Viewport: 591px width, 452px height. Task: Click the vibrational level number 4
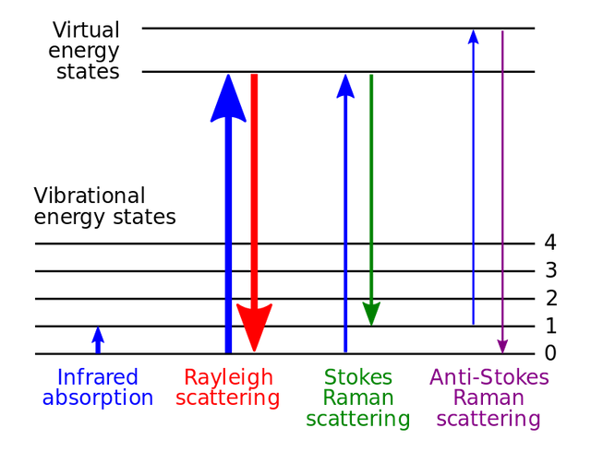pyautogui.click(x=550, y=243)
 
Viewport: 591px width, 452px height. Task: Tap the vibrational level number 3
pyautogui.click(x=550, y=270)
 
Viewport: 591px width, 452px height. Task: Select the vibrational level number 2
pyautogui.click(x=551, y=298)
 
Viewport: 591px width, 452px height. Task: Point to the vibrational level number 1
pyautogui.click(x=551, y=326)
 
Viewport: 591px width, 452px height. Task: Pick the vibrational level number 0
pyautogui.click(x=550, y=353)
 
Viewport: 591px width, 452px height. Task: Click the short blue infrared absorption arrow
pyautogui.click(x=98, y=340)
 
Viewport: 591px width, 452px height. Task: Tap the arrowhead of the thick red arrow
pyautogui.click(x=255, y=327)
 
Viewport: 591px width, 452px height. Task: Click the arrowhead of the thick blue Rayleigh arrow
pyautogui.click(x=228, y=98)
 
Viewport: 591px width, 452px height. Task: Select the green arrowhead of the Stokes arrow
pyautogui.click(x=371, y=314)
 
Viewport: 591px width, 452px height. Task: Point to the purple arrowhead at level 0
pyautogui.click(x=502, y=347)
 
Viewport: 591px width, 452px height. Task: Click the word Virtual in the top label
pyautogui.click(x=86, y=30)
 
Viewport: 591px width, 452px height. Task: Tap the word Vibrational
pyautogui.click(x=90, y=196)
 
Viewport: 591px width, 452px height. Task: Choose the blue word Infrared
pyautogui.click(x=98, y=377)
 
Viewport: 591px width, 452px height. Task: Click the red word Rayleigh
pyautogui.click(x=228, y=378)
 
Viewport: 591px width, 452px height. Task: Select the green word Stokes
pyautogui.click(x=358, y=377)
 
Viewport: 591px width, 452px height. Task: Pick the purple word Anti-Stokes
pyautogui.click(x=488, y=377)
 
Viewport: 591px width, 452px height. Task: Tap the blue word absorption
pyautogui.click(x=98, y=398)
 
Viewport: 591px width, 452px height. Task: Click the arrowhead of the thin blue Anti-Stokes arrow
pyautogui.click(x=474, y=37)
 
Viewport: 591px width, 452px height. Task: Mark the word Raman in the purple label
pyautogui.click(x=488, y=398)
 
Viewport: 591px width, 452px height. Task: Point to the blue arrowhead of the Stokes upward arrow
pyautogui.click(x=345, y=87)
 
